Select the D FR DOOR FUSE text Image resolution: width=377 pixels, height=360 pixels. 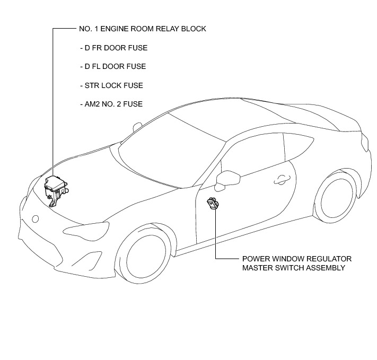113,48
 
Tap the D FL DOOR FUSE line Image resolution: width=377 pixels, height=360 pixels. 112,67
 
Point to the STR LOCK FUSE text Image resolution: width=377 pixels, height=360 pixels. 110,85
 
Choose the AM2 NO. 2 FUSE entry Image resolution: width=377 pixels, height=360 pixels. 110,104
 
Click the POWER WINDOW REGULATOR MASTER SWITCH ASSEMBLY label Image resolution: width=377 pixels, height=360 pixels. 296,263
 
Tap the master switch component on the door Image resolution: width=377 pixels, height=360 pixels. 213,204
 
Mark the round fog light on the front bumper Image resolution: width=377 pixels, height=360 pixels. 35,218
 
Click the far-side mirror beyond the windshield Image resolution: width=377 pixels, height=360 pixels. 138,127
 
